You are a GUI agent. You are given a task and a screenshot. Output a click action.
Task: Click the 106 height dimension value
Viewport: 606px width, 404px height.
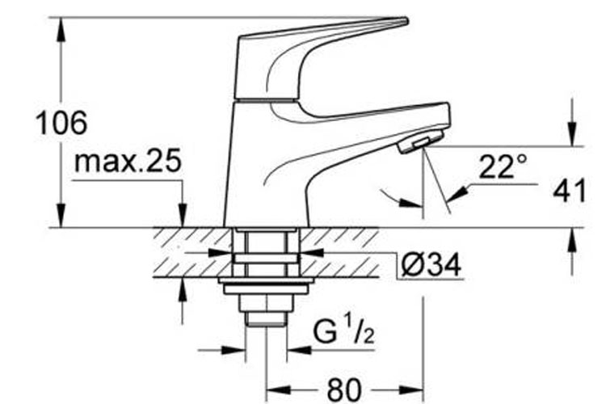[x=61, y=123]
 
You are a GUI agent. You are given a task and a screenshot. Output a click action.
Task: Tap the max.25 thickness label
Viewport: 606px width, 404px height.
[x=128, y=161]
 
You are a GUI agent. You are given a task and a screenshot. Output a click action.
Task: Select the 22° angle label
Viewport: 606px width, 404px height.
[x=503, y=166]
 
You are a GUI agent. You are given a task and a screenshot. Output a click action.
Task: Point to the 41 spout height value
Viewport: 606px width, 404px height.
[x=570, y=190]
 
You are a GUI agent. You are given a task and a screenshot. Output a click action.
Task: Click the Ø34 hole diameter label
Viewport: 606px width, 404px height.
[x=431, y=265]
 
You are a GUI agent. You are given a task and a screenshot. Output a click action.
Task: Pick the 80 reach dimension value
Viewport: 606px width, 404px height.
[x=343, y=390]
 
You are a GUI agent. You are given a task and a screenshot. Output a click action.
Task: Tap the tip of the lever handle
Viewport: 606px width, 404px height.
[x=406, y=20]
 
